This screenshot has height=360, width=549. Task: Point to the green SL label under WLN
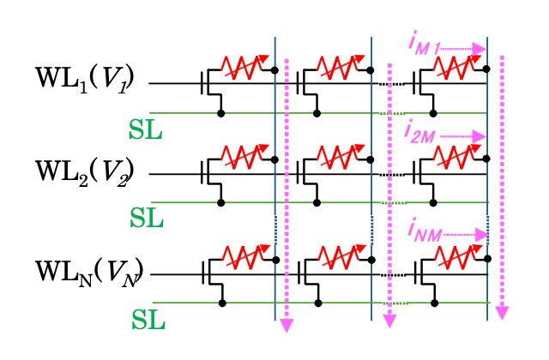(x=148, y=321)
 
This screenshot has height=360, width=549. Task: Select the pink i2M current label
(x=421, y=135)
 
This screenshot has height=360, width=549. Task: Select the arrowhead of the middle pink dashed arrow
(x=389, y=320)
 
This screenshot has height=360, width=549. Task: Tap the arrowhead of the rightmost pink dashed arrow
(x=502, y=312)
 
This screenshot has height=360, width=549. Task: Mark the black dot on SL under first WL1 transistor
(x=221, y=112)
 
